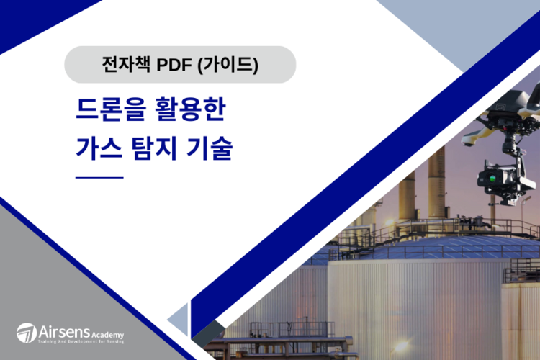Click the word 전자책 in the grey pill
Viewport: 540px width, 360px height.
126,64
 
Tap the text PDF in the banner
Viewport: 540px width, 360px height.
174,65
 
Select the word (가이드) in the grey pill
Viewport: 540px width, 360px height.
228,64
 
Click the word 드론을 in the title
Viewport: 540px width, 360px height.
111,109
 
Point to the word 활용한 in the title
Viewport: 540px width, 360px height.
191,109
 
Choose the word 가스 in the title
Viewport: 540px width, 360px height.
99,148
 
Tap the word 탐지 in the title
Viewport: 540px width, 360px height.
154,148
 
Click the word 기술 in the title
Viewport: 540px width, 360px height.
210,148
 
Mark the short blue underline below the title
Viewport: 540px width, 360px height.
99,178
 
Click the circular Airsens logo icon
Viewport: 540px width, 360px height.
27,333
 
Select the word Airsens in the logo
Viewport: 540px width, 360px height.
64,332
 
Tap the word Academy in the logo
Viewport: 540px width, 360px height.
107,335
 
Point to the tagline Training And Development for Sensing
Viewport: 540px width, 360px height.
81,342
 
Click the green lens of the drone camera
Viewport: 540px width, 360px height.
492,178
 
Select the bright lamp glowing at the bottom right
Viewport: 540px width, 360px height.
400,346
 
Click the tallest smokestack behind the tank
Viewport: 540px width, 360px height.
437,184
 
